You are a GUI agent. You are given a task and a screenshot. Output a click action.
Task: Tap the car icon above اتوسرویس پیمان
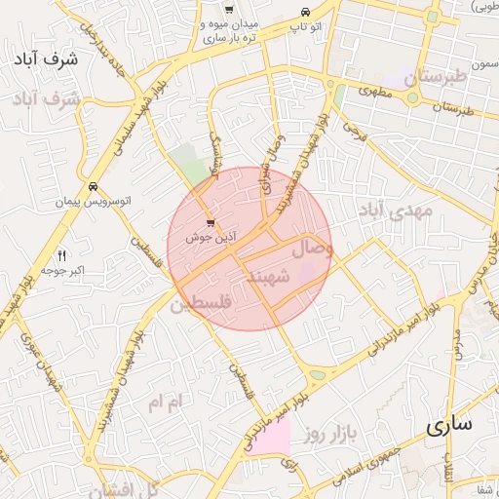point(92,186)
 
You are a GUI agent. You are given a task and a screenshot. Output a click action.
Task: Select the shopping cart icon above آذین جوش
point(211,223)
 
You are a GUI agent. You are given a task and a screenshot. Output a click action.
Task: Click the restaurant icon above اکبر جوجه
point(62,255)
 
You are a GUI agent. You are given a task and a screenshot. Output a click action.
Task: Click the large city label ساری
point(449,426)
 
